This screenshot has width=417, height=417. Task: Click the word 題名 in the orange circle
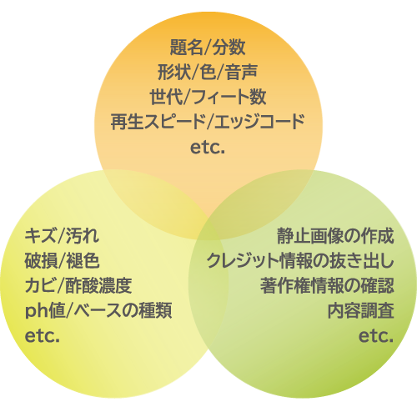tap(186, 47)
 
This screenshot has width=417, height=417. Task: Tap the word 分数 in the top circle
tap(229, 47)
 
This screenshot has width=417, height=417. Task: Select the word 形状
tap(174, 72)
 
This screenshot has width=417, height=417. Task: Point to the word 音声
tap(241, 72)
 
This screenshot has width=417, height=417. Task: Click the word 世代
tap(167, 97)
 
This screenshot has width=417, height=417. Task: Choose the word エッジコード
tap(259, 122)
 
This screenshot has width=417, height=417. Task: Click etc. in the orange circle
tap(208, 148)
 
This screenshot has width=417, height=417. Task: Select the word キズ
tap(41, 235)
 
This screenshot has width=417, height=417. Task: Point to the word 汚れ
tap(83, 235)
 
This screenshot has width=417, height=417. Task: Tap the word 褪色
tap(83, 260)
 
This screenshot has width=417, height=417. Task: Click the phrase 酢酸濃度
tap(98, 285)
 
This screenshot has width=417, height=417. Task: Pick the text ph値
tap(45, 311)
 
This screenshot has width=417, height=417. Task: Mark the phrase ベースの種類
tap(123, 310)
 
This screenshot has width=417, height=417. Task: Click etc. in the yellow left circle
tap(43, 336)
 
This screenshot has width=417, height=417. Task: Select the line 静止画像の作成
tap(335, 236)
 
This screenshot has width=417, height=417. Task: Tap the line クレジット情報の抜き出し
tap(300, 261)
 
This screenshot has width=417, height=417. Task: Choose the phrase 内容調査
tap(361, 311)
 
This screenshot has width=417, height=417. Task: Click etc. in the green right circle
tap(376, 336)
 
